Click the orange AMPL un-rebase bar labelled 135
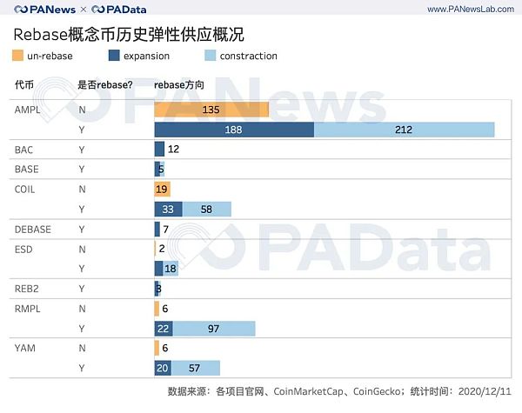211,110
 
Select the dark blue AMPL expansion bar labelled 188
233,130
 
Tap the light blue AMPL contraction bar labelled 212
404,130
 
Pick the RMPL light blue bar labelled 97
214,328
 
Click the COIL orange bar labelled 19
162,189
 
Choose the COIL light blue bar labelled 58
206,209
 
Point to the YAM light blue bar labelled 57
196,368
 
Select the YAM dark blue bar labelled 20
163,368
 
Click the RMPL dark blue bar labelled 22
164,328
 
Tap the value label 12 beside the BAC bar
173,149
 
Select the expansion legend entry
138,56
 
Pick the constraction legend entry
240,56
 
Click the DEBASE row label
33,229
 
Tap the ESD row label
23,249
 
